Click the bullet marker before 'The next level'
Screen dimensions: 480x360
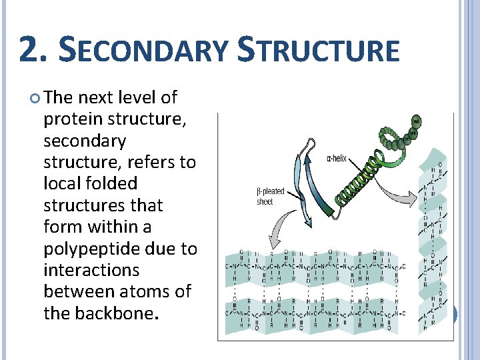click(35, 99)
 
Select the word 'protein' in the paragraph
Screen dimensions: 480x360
click(69, 119)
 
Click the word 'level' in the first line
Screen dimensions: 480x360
click(137, 97)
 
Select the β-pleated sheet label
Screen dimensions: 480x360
click(271, 196)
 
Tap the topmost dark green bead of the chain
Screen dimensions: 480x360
click(417, 121)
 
